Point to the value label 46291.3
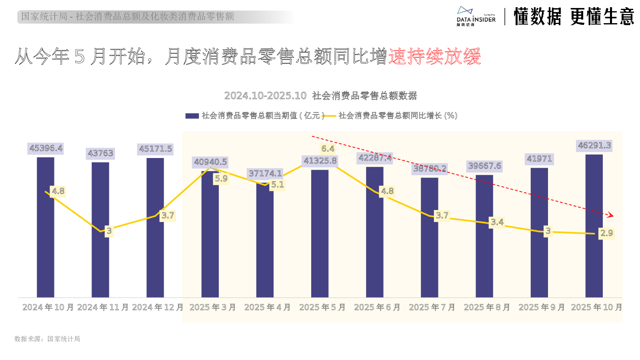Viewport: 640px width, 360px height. [594, 146]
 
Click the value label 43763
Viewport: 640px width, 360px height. [100, 153]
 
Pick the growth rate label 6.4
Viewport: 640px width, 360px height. [328, 149]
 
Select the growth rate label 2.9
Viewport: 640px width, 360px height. [606, 233]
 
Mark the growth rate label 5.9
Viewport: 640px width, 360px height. [221, 179]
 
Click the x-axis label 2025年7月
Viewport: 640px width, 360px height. [432, 307]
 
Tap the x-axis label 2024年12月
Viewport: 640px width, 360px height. [158, 307]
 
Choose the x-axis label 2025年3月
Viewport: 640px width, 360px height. [212, 307]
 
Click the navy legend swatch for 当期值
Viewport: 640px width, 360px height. [192, 116]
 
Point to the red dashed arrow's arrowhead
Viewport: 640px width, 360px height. [610, 215]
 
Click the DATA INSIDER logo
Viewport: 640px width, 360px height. [476, 17]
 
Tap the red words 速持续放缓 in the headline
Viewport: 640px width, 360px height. [434, 56]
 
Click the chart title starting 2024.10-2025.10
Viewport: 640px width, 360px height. [320, 96]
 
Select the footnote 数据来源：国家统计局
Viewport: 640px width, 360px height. [47, 339]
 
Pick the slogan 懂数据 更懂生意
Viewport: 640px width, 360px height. [574, 17]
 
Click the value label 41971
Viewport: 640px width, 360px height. [539, 159]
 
